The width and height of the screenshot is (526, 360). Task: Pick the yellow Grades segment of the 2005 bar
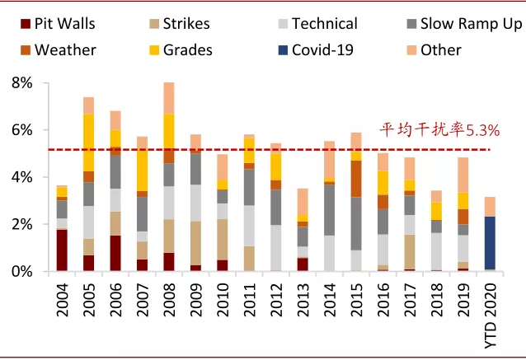[x=88, y=143]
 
